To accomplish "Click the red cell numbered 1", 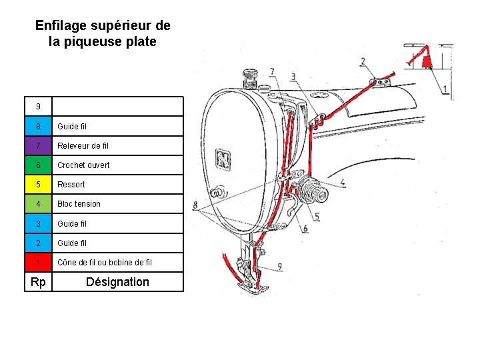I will [39, 262].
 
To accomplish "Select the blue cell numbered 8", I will [39, 126].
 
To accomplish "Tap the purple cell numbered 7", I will [39, 145].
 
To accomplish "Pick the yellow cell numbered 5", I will [39, 184].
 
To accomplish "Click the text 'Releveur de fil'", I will [83, 145].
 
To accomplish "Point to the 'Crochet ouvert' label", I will [83, 165].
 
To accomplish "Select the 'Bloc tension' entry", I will [79, 203].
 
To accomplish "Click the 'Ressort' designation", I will [71, 184].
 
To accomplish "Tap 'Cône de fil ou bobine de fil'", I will [105, 262].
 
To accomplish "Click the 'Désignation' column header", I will [117, 281].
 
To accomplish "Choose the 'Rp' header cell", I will [39, 281].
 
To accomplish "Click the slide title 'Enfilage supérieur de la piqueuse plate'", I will [103, 33].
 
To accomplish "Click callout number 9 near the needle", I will [279, 267].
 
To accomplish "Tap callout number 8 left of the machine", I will [195, 205].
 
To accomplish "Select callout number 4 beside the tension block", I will [342, 181].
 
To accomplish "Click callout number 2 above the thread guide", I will [363, 62].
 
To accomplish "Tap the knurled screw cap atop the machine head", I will [251, 77].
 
